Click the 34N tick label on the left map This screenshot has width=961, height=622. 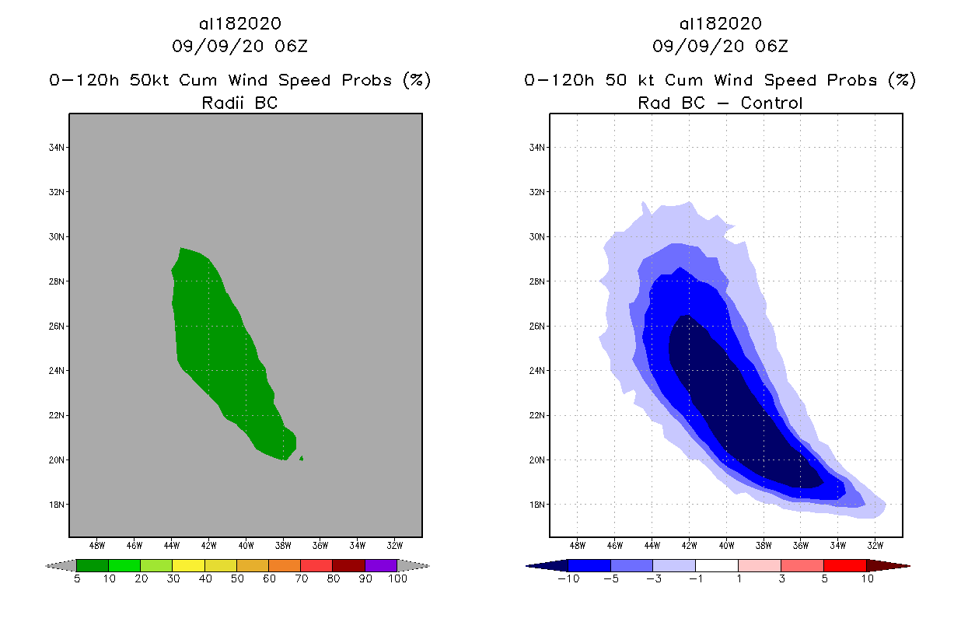tap(58, 148)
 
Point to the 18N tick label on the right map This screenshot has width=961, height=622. tap(538, 505)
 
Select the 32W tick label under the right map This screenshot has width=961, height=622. tap(875, 545)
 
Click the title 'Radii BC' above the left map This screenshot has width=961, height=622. tap(239, 103)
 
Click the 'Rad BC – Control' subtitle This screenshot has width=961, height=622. tap(720, 103)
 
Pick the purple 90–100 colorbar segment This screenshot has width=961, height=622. tap(381, 566)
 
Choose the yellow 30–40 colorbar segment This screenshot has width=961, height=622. tap(188, 566)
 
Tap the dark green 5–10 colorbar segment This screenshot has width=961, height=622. tap(93, 566)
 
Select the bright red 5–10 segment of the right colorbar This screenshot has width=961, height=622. tap(844, 566)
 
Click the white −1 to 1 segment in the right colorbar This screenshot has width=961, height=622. tap(716, 566)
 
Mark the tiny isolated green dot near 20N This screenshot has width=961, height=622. tap(301, 459)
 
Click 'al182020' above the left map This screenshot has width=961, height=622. tap(239, 24)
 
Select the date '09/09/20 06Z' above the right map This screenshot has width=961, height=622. tap(720, 46)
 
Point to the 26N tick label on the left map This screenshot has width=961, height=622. tap(58, 327)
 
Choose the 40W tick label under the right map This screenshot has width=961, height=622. tap(726, 545)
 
